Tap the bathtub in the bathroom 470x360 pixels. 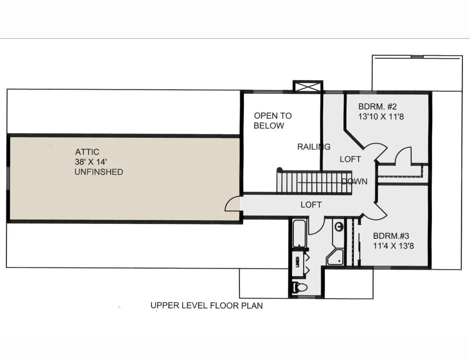(300, 234)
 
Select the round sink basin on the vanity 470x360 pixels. (339, 227)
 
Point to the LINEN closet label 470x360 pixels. (298, 262)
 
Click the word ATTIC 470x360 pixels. (87, 152)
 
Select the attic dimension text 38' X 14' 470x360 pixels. (91, 162)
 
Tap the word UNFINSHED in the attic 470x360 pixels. (99, 172)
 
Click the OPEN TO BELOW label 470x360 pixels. (273, 121)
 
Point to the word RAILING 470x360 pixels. (314, 147)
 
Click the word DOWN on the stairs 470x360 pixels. (354, 182)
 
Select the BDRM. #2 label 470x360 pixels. (378, 106)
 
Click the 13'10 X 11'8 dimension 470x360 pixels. (381, 117)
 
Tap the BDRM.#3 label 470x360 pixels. (391, 236)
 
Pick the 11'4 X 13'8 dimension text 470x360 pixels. (394, 246)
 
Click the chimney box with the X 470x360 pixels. (308, 87)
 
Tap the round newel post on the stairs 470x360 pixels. (279, 169)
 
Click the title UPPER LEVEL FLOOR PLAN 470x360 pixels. (206, 306)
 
